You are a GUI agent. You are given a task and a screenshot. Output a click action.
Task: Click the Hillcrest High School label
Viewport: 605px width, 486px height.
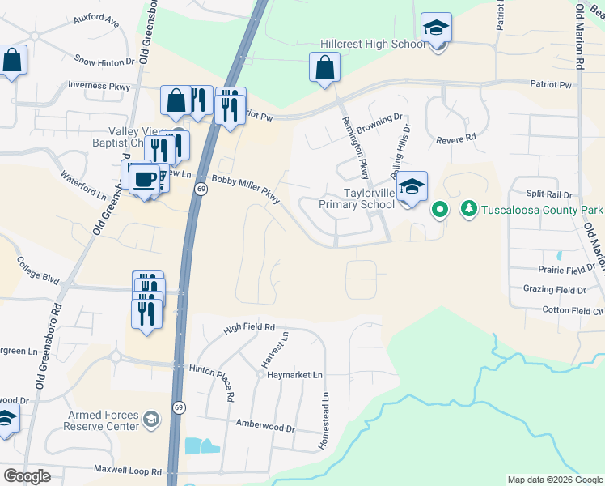(x=373, y=44)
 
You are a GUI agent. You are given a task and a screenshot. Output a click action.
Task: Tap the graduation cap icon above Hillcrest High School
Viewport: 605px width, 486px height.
(x=436, y=28)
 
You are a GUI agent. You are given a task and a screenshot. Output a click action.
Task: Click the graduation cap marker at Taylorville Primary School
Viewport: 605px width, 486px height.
(x=412, y=187)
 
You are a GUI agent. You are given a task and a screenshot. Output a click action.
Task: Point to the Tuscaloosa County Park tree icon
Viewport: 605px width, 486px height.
(x=468, y=210)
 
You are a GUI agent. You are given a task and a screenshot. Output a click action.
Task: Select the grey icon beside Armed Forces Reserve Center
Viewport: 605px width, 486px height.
(x=150, y=419)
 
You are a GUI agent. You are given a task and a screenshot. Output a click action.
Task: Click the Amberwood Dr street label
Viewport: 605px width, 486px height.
(x=264, y=424)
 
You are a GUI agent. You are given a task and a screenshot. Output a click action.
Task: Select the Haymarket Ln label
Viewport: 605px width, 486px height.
(x=295, y=375)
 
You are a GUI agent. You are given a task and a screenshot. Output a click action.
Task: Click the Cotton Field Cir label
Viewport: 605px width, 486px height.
(x=573, y=311)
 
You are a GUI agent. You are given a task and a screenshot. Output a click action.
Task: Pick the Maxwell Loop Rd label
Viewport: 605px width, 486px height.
(x=127, y=471)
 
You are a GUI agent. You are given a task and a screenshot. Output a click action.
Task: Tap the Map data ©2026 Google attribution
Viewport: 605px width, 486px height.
(x=554, y=480)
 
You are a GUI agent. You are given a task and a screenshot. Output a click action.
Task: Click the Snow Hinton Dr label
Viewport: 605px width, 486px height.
(x=104, y=61)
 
